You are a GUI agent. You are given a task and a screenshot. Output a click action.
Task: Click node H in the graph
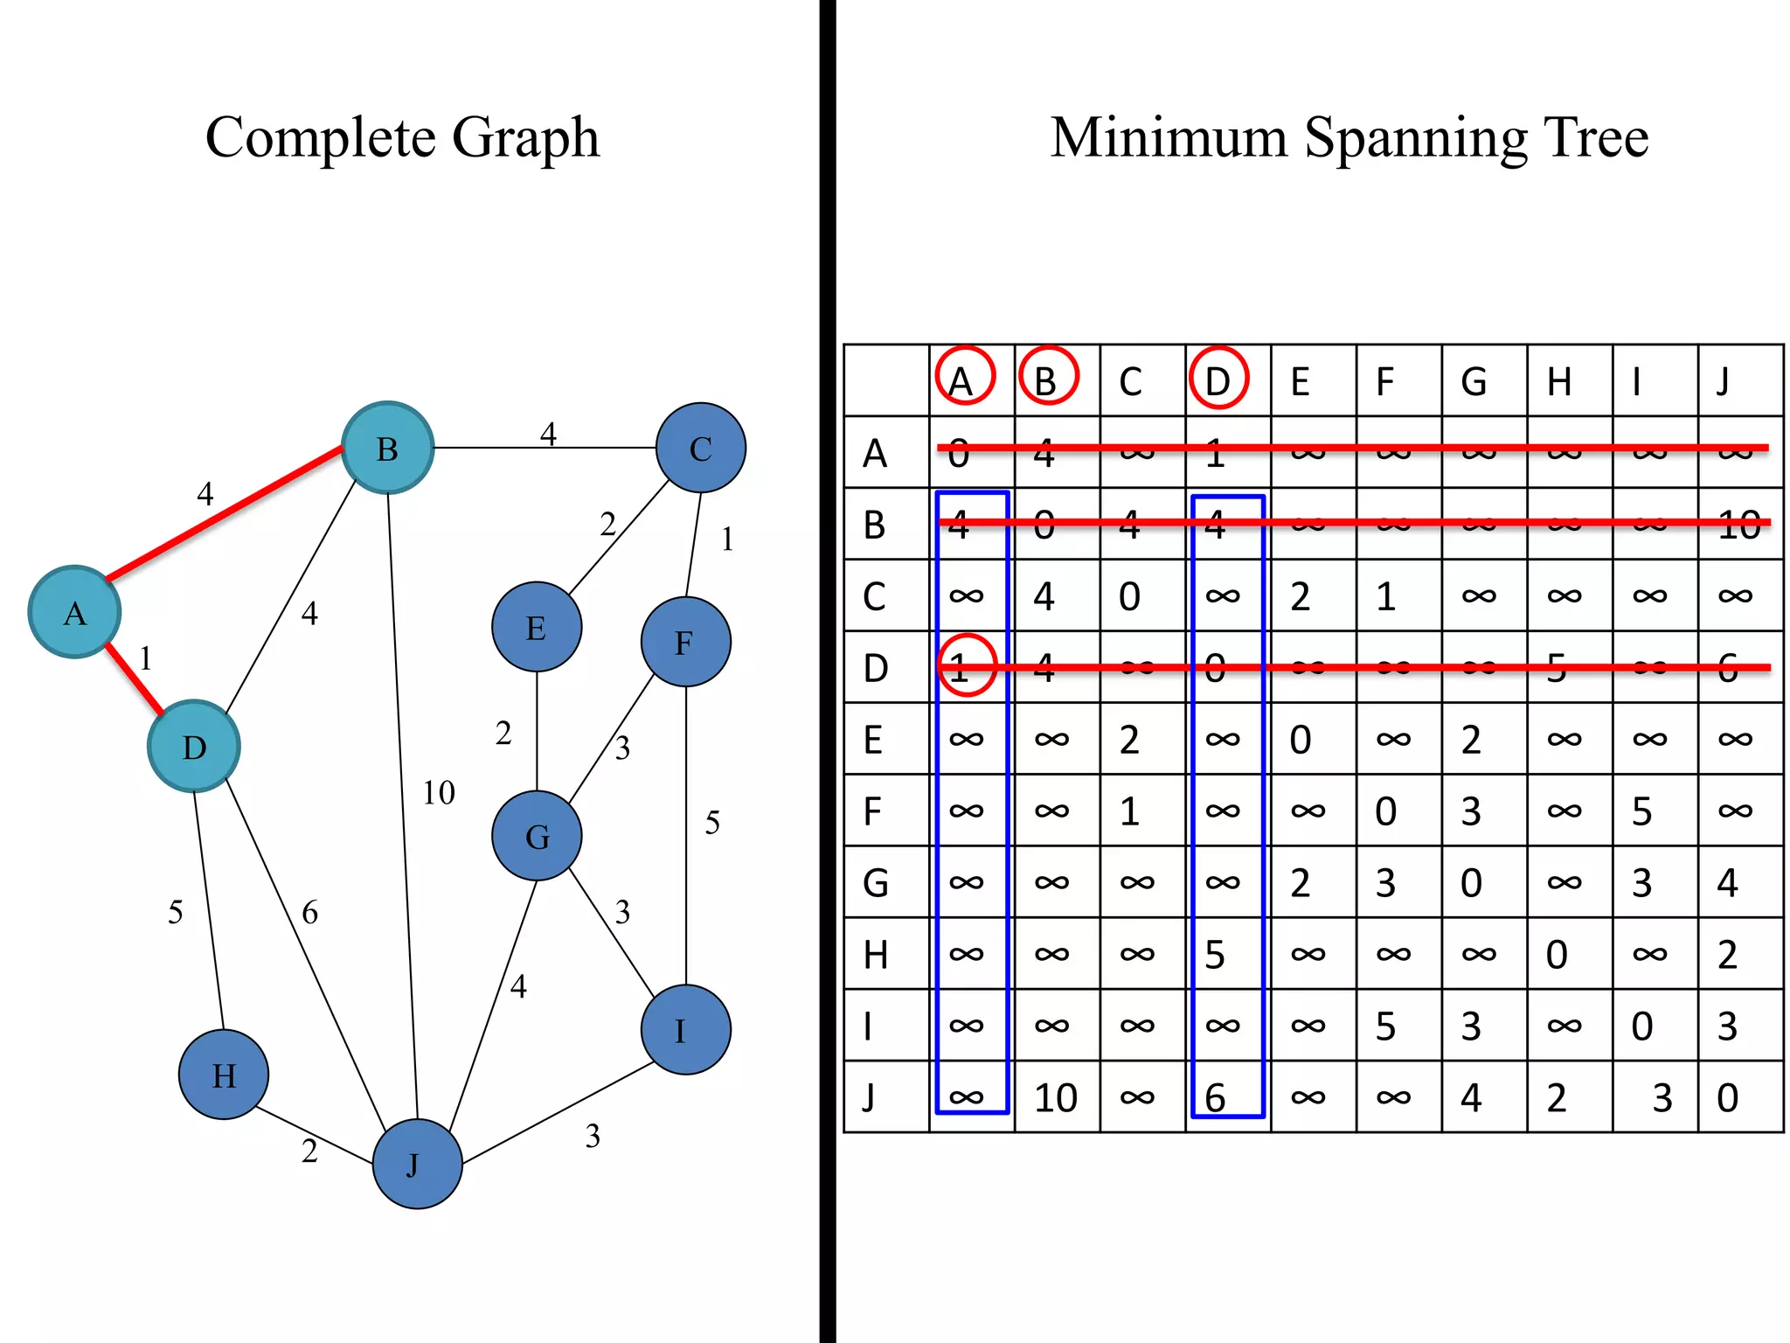[x=223, y=1074]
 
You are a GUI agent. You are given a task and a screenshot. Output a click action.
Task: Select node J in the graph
[x=417, y=1164]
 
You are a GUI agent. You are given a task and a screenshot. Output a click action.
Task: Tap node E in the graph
[x=536, y=627]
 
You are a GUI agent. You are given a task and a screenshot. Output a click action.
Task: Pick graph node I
[x=685, y=1030]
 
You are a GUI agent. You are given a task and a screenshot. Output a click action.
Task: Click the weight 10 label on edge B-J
[x=439, y=793]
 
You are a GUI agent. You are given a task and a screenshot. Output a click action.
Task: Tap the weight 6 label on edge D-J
[x=309, y=913]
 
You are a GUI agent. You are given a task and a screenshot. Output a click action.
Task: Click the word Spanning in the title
[x=1415, y=138]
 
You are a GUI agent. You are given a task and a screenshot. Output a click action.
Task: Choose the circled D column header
[x=1218, y=379]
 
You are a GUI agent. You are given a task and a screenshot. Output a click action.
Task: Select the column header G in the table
[x=1474, y=381]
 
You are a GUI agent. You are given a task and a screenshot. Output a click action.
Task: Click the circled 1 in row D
[x=966, y=666]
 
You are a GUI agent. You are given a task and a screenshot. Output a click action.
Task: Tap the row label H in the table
[x=875, y=954]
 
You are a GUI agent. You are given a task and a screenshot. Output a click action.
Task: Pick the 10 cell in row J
[x=1055, y=1097]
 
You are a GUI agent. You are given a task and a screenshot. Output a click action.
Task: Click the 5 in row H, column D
[x=1215, y=954]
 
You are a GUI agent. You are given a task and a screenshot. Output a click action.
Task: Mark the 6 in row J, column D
[x=1215, y=1097]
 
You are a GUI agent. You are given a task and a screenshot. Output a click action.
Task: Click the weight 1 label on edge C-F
[x=727, y=539]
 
